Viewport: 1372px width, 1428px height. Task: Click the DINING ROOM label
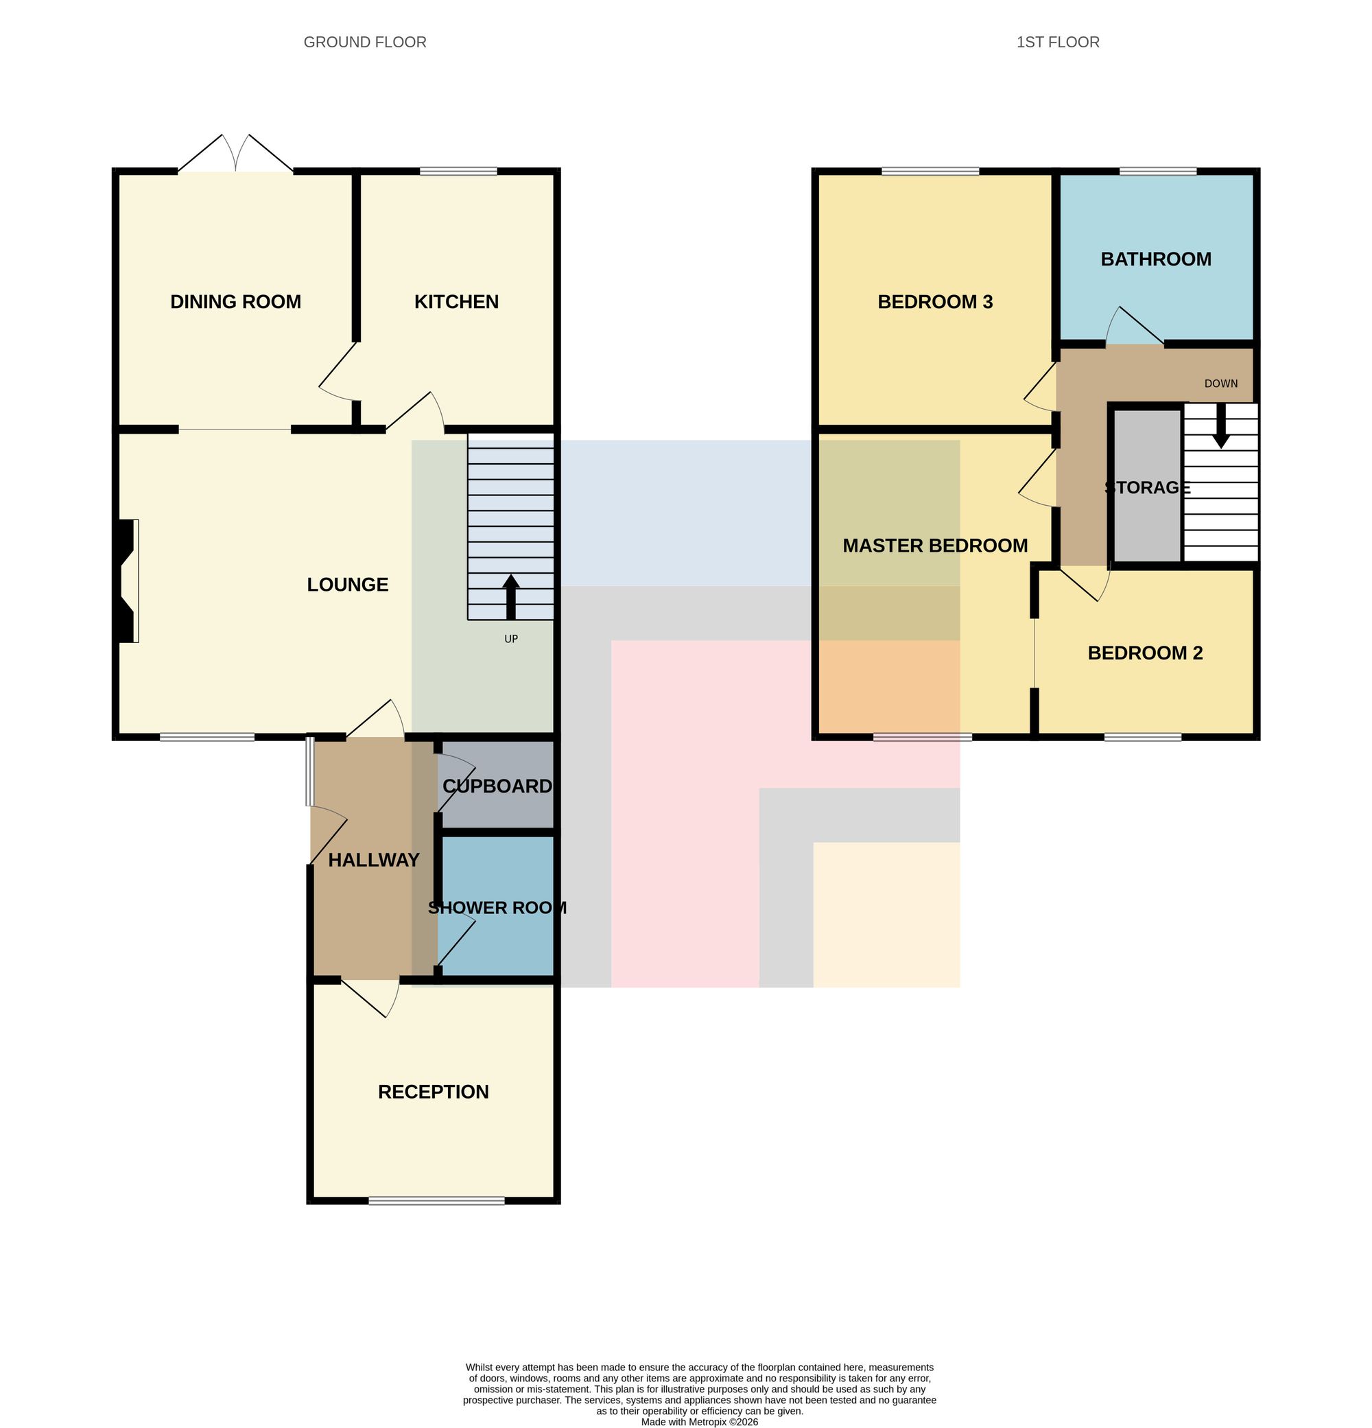(235, 302)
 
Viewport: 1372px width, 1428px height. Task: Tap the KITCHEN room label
(457, 302)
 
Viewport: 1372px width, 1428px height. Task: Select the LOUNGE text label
(347, 585)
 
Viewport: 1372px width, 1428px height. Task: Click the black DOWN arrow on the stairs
(1221, 425)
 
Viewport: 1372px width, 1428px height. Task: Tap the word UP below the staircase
(511, 639)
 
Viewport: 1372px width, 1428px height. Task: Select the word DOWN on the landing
(1221, 383)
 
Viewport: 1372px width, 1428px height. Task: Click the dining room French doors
(235, 153)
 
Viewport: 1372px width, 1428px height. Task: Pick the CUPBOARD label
(497, 786)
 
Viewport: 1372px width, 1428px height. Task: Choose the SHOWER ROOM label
(497, 908)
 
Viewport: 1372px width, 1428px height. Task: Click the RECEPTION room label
(434, 1091)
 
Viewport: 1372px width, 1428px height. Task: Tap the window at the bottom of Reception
(436, 1200)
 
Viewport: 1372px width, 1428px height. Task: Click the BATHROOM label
(1156, 259)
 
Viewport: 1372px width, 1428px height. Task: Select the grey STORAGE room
(1147, 484)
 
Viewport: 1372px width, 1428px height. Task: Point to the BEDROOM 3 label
(935, 302)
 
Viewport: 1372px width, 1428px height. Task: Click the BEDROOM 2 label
(1145, 653)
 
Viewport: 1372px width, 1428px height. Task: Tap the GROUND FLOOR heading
(365, 43)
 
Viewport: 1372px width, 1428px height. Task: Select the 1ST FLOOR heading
(1057, 43)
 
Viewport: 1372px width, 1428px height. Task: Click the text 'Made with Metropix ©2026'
(699, 1421)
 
